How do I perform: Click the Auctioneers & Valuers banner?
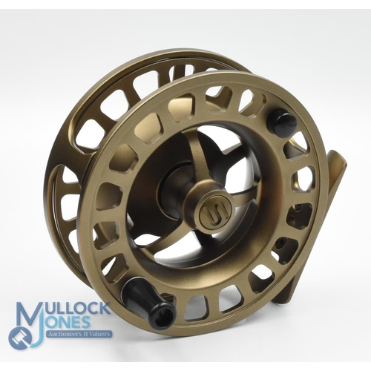[x=79, y=334]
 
